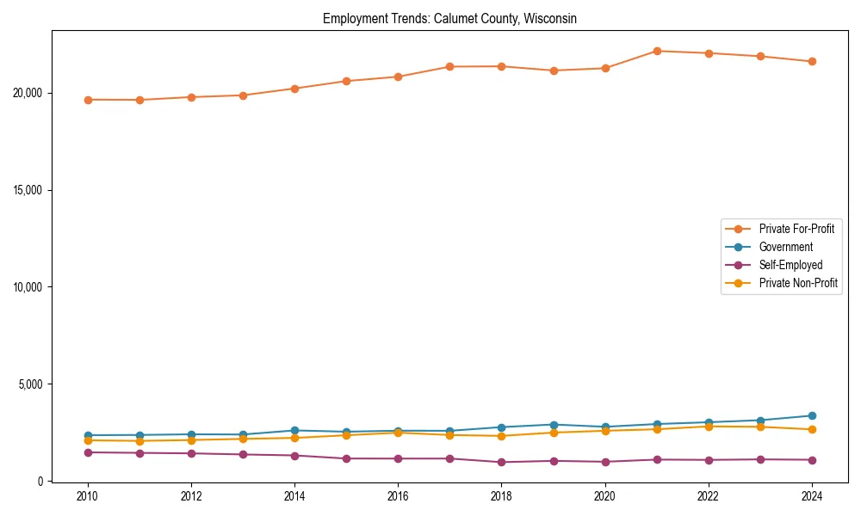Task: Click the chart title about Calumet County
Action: pos(449,18)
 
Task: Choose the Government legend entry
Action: pos(785,247)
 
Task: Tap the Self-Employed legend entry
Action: pos(790,265)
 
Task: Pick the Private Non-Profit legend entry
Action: pos(798,283)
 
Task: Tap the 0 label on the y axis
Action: pos(40,481)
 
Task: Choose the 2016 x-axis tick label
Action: pos(398,496)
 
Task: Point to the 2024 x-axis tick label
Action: pos(811,496)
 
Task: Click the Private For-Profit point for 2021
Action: pos(657,51)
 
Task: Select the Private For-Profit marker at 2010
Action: pos(88,100)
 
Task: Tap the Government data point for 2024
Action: pos(812,415)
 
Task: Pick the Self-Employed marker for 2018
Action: pos(501,462)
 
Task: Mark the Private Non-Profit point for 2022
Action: pos(709,427)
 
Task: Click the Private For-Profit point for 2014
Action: pos(294,89)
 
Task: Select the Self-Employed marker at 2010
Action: pos(88,452)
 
